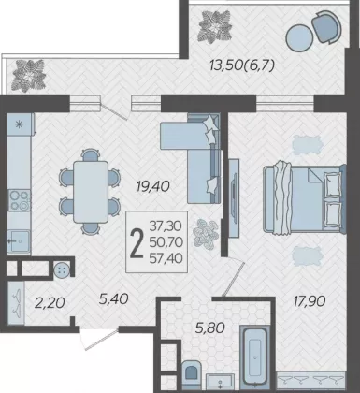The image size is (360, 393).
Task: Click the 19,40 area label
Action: pos(152,186)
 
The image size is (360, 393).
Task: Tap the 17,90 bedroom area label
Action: pos(310,301)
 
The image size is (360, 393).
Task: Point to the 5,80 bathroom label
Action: pos(210,327)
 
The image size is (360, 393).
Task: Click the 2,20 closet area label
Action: pos(50,302)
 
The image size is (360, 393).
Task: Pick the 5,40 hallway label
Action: pos(114,299)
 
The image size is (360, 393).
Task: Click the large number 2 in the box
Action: pos(137,242)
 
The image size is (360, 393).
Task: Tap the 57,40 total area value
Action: pos(166,258)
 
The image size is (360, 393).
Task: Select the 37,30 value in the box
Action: pos(166,226)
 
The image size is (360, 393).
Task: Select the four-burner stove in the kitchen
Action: pos(19,200)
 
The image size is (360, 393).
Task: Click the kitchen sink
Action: pos(19,240)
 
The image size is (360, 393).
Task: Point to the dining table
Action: pos(91,192)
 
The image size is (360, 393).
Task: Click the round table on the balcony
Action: pos(299,37)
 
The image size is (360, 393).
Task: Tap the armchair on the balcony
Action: pos(326,26)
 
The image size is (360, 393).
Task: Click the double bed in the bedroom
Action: pos(304,199)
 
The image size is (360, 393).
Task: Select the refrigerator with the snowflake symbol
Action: pos(20,124)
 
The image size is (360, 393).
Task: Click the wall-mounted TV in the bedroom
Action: pos(234,197)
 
